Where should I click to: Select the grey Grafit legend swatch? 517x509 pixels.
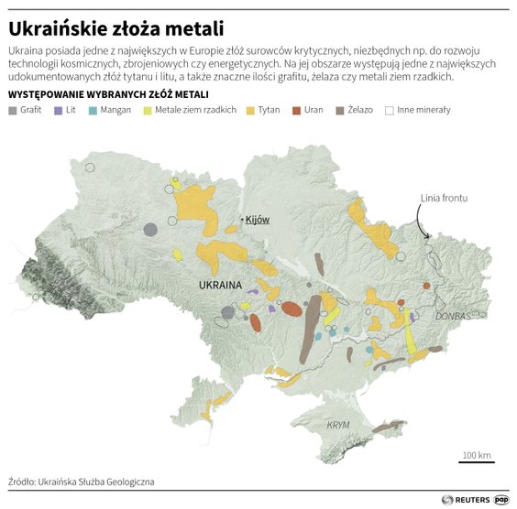[x=12, y=111]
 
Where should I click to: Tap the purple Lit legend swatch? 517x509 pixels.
[x=59, y=111]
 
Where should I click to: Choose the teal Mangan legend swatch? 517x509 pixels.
[x=93, y=111]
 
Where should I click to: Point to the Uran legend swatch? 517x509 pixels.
[x=297, y=111]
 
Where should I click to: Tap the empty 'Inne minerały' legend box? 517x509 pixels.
[x=390, y=111]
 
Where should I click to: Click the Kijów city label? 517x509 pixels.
[x=258, y=220]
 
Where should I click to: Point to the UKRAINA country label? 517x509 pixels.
[x=220, y=285]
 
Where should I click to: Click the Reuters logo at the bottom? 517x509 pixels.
[x=465, y=500]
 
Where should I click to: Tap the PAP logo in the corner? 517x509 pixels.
[x=501, y=500]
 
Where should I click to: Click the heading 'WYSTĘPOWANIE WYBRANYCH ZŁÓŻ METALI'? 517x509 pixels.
[x=108, y=94]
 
